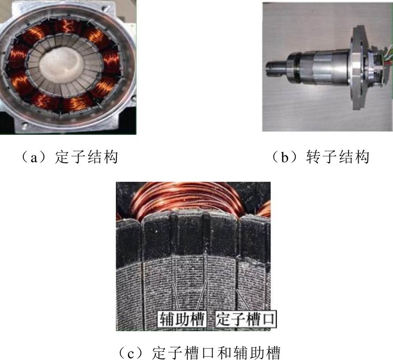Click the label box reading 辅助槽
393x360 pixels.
click(x=181, y=319)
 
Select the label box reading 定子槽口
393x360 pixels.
click(x=245, y=319)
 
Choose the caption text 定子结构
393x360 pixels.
click(x=86, y=157)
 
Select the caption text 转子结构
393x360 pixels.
click(x=337, y=157)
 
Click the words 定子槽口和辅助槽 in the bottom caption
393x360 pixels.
click(x=216, y=352)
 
